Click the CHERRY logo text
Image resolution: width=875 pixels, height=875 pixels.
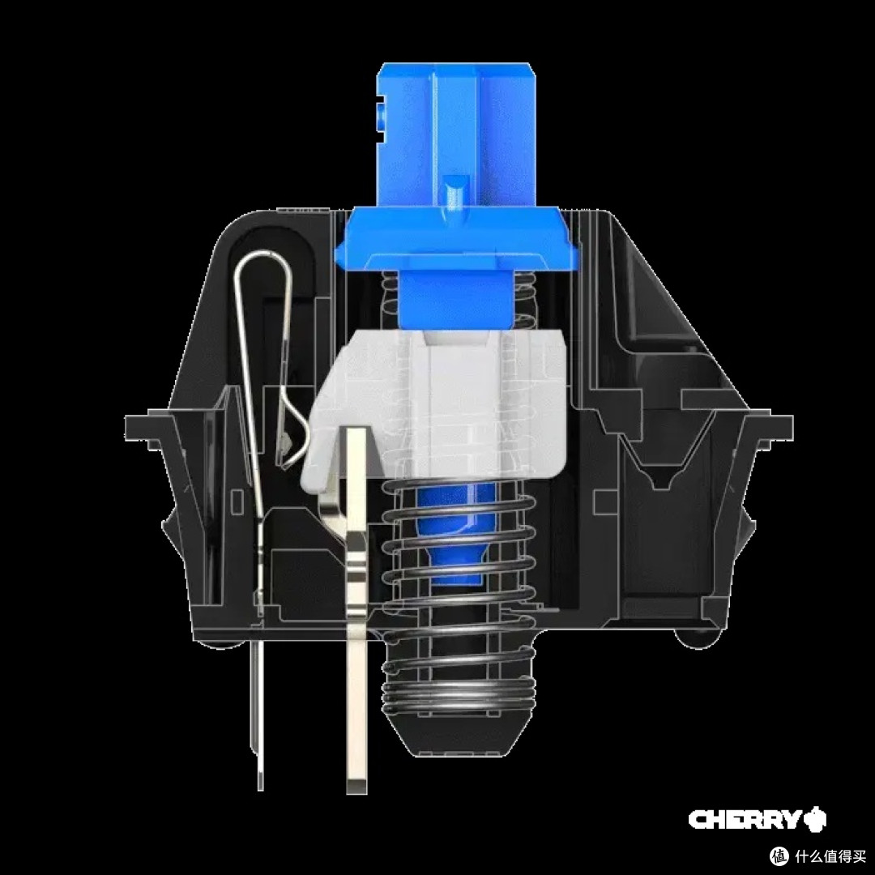coord(745,820)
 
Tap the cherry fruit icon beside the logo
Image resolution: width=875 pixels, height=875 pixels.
coord(815,819)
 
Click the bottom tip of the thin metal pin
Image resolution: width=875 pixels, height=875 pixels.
coord(260,786)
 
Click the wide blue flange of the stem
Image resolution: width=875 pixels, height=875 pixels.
coord(456,238)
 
